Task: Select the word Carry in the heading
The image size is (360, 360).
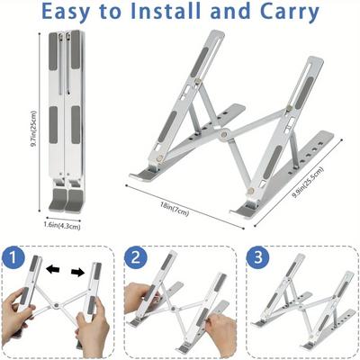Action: (285, 13)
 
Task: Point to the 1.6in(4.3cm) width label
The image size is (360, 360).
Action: (63, 226)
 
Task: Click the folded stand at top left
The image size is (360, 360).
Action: (63, 117)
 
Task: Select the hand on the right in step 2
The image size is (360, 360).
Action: (215, 321)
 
